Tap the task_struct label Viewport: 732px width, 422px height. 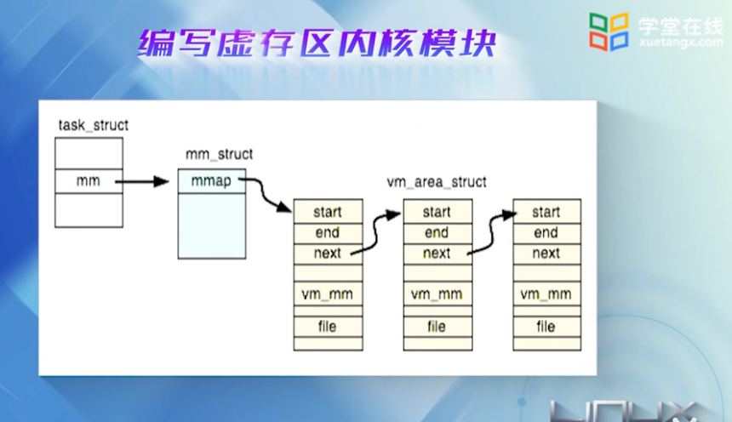pos(94,125)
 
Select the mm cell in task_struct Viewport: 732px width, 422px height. pos(89,181)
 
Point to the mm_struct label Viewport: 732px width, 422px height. pos(219,154)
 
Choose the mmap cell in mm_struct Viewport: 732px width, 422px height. pos(212,180)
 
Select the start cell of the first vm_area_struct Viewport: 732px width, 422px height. pos(328,211)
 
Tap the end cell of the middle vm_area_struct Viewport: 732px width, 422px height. pos(437,232)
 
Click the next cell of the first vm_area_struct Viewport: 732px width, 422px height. pos(328,253)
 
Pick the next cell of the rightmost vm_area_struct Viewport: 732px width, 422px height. pos(546,253)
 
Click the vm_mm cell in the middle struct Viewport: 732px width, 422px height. pos(437,294)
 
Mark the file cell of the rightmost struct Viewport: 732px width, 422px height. pos(546,326)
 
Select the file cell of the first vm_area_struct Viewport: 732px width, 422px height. pos(328,326)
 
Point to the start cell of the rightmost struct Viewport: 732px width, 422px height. pos(546,211)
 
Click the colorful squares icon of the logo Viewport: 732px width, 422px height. pos(609,31)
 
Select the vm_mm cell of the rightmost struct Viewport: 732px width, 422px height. pos(546,294)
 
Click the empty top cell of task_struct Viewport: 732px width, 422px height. pos(89,153)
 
